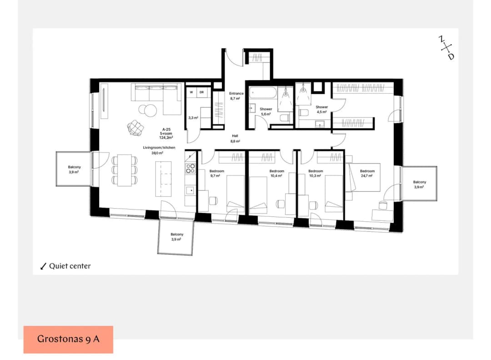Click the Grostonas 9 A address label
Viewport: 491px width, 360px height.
tap(68, 339)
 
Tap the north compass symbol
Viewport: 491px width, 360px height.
tap(446, 48)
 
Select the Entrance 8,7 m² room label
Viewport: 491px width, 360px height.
tap(236, 96)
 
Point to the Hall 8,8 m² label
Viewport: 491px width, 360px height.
tap(235, 138)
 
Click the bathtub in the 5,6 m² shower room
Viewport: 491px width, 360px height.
tap(263, 94)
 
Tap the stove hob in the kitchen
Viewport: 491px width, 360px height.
tap(190, 169)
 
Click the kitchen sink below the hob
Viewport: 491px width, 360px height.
tap(190, 190)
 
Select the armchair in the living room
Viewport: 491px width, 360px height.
tap(136, 128)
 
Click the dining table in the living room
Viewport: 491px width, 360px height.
tap(124, 170)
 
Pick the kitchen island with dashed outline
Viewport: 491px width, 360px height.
tap(164, 179)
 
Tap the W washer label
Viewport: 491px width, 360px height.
tap(191, 92)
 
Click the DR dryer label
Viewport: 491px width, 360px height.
tap(202, 92)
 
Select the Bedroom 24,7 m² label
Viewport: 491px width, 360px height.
tap(367, 174)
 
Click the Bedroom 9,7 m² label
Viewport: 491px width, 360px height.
tap(217, 174)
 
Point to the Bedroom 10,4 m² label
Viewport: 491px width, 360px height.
tap(277, 174)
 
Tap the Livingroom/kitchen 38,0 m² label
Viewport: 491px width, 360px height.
tap(159, 150)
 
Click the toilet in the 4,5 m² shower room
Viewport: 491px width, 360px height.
tap(303, 113)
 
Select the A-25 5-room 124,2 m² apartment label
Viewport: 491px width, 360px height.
tap(166, 133)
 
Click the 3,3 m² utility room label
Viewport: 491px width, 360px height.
tap(193, 118)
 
